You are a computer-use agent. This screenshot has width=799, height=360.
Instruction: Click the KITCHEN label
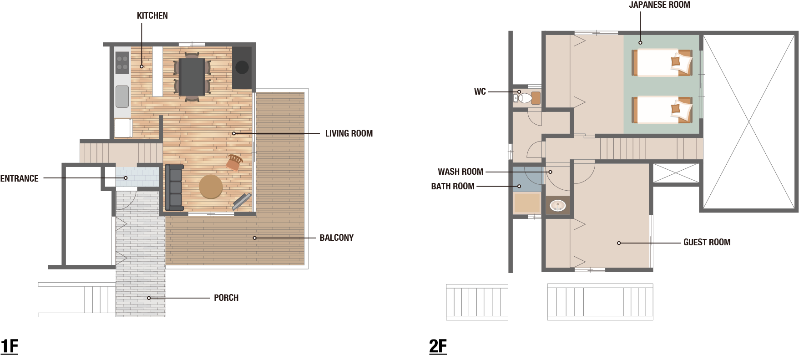click(152, 15)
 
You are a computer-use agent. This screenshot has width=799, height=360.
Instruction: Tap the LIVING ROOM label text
click(349, 133)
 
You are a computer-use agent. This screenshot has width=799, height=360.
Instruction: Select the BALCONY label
click(337, 238)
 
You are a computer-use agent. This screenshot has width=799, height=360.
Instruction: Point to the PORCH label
click(226, 298)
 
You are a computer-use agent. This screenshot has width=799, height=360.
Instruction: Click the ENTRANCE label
click(19, 178)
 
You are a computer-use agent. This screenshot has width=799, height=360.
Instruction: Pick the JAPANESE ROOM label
click(659, 5)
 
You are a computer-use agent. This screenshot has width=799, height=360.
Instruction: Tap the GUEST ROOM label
click(707, 242)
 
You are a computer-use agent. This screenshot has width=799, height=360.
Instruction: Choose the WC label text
click(480, 91)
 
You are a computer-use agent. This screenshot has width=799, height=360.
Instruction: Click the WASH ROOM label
click(460, 172)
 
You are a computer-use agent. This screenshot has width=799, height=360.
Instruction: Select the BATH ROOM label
click(453, 186)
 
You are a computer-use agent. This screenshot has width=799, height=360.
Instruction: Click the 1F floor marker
click(9, 346)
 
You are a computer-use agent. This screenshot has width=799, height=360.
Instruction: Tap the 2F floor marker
click(438, 346)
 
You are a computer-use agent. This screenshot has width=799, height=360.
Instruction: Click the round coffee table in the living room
click(211, 187)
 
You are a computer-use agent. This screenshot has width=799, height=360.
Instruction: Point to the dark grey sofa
click(174, 187)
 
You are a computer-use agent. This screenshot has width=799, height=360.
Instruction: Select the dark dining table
click(192, 77)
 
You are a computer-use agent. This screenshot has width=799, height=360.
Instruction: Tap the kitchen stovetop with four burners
click(122, 63)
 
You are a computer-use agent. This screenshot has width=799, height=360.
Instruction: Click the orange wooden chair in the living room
click(234, 162)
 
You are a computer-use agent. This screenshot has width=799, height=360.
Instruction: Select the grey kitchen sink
click(122, 96)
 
